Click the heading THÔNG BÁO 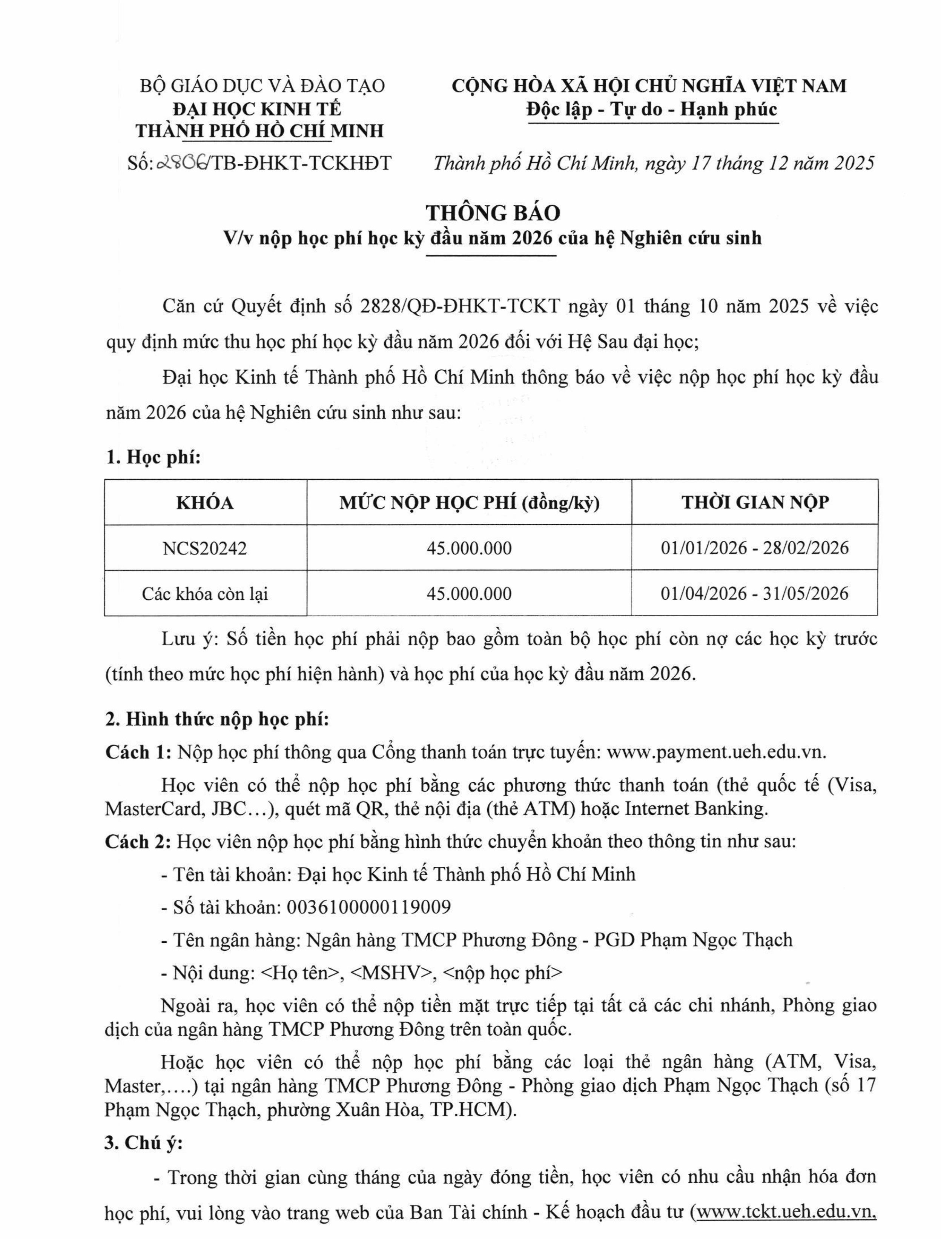[x=493, y=212]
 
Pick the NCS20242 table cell [x=205, y=548]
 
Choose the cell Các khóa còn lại [x=205, y=593]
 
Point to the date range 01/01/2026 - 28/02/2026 [x=754, y=548]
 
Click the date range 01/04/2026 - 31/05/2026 [x=754, y=593]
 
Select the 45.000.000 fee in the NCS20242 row [x=469, y=548]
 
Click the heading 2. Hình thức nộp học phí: [x=217, y=719]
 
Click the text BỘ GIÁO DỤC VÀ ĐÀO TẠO [x=262, y=86]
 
